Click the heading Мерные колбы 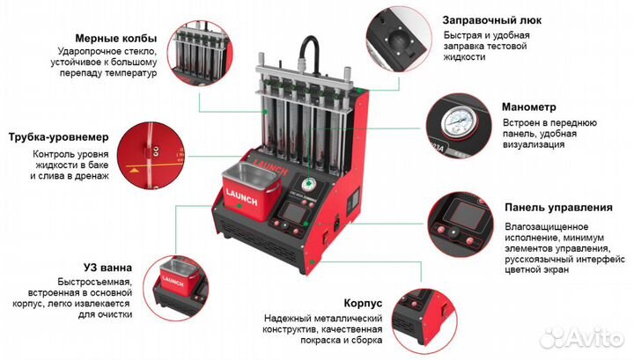pyautogui.click(x=116, y=38)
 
